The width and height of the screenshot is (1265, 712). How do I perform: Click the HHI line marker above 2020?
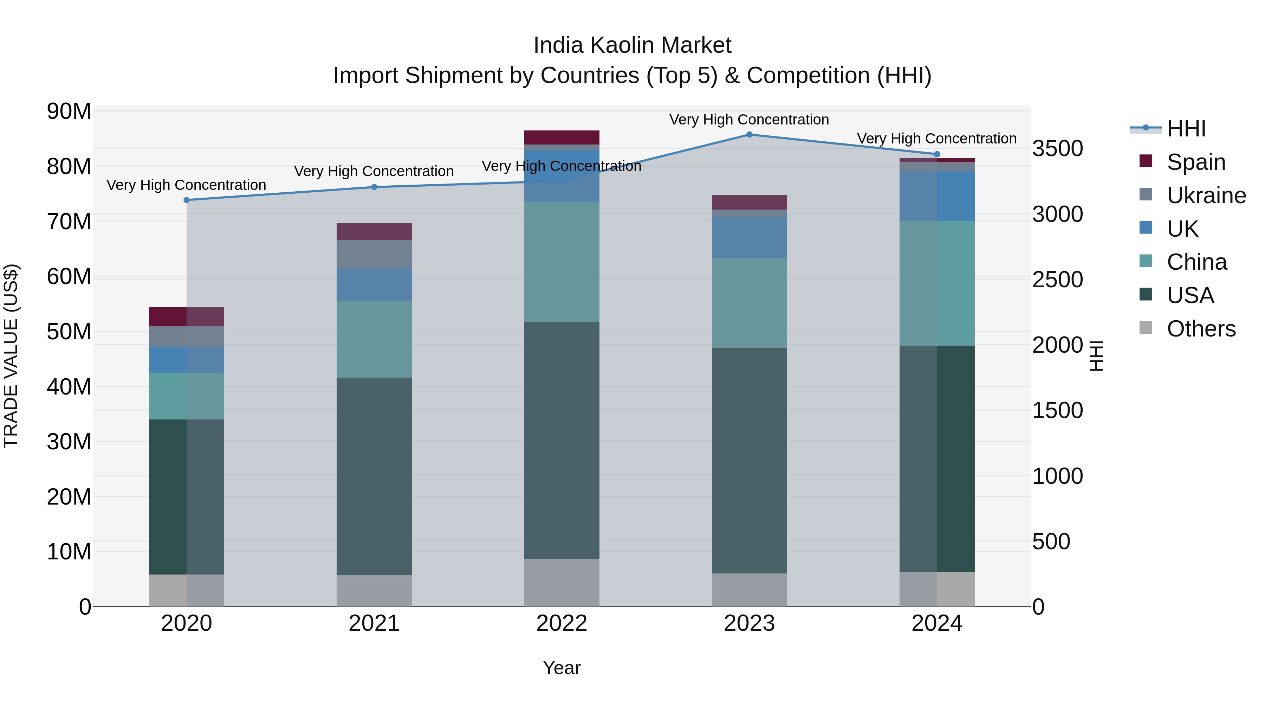[187, 200]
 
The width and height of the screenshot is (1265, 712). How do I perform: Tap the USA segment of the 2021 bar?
[374, 476]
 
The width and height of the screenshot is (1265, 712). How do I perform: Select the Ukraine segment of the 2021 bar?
[374, 254]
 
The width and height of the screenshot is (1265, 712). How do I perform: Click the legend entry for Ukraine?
[1206, 195]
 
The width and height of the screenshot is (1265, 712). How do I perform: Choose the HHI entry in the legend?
[1186, 129]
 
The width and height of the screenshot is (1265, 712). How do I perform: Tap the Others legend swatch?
[1146, 328]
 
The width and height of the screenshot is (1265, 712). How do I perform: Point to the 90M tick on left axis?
[69, 111]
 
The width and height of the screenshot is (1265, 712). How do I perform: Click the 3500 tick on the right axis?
[1057, 148]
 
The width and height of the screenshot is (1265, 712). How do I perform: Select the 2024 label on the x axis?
[936, 623]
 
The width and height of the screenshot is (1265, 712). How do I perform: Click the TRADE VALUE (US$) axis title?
[11, 356]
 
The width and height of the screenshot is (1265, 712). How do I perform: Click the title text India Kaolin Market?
[632, 45]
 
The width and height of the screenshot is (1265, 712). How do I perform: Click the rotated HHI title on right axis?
[1096, 356]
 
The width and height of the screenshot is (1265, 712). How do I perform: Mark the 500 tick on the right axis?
[1051, 541]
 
